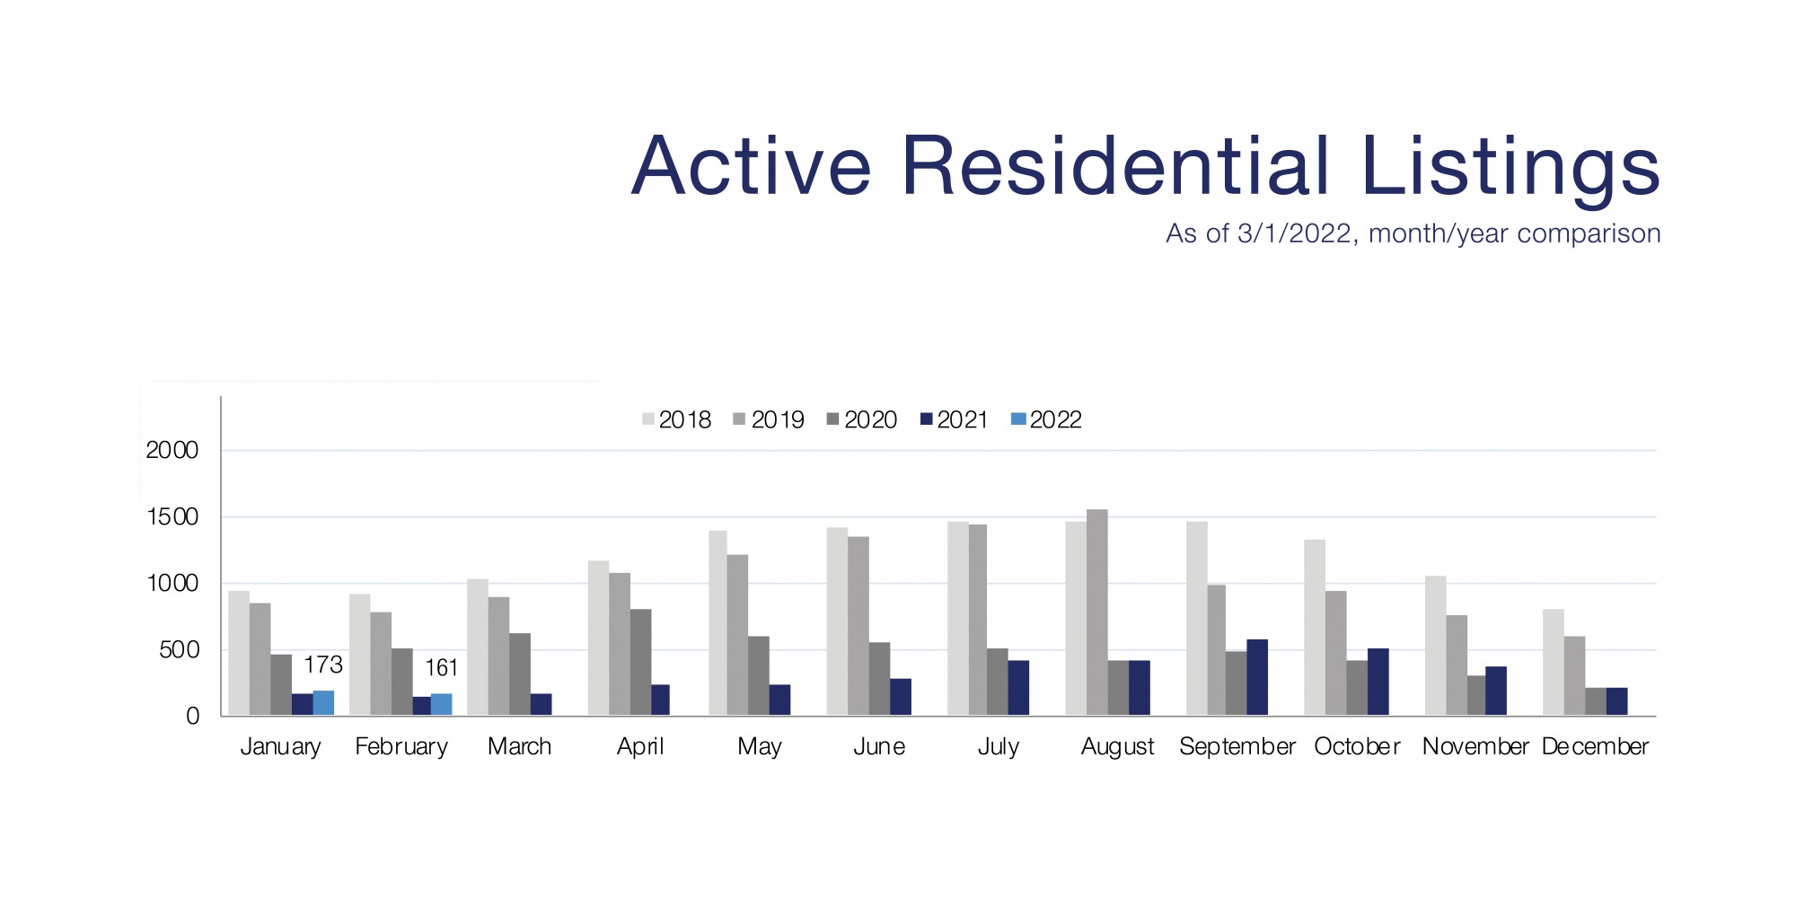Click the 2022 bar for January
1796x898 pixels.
click(x=323, y=703)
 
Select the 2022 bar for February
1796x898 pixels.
click(x=441, y=705)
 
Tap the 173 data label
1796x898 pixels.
click(x=323, y=665)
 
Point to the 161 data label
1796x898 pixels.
click(x=441, y=668)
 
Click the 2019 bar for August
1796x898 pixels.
click(x=1096, y=612)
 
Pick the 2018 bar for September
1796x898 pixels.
click(x=1196, y=619)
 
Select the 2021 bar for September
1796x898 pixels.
click(x=1257, y=678)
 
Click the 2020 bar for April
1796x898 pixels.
click(x=640, y=663)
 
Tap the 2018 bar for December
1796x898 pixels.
click(x=1553, y=663)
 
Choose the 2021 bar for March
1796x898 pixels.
click(x=541, y=705)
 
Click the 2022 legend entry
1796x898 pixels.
click(x=1047, y=419)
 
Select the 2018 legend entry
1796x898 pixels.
click(x=677, y=419)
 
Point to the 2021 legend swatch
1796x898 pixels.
click(x=927, y=419)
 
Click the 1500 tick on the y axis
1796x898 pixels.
click(x=172, y=517)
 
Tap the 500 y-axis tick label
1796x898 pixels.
click(x=179, y=650)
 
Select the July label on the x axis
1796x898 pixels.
click(x=999, y=746)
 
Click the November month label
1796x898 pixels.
click(x=1475, y=746)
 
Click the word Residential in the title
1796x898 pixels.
click(x=1114, y=166)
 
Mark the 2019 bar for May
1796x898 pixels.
click(x=737, y=635)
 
